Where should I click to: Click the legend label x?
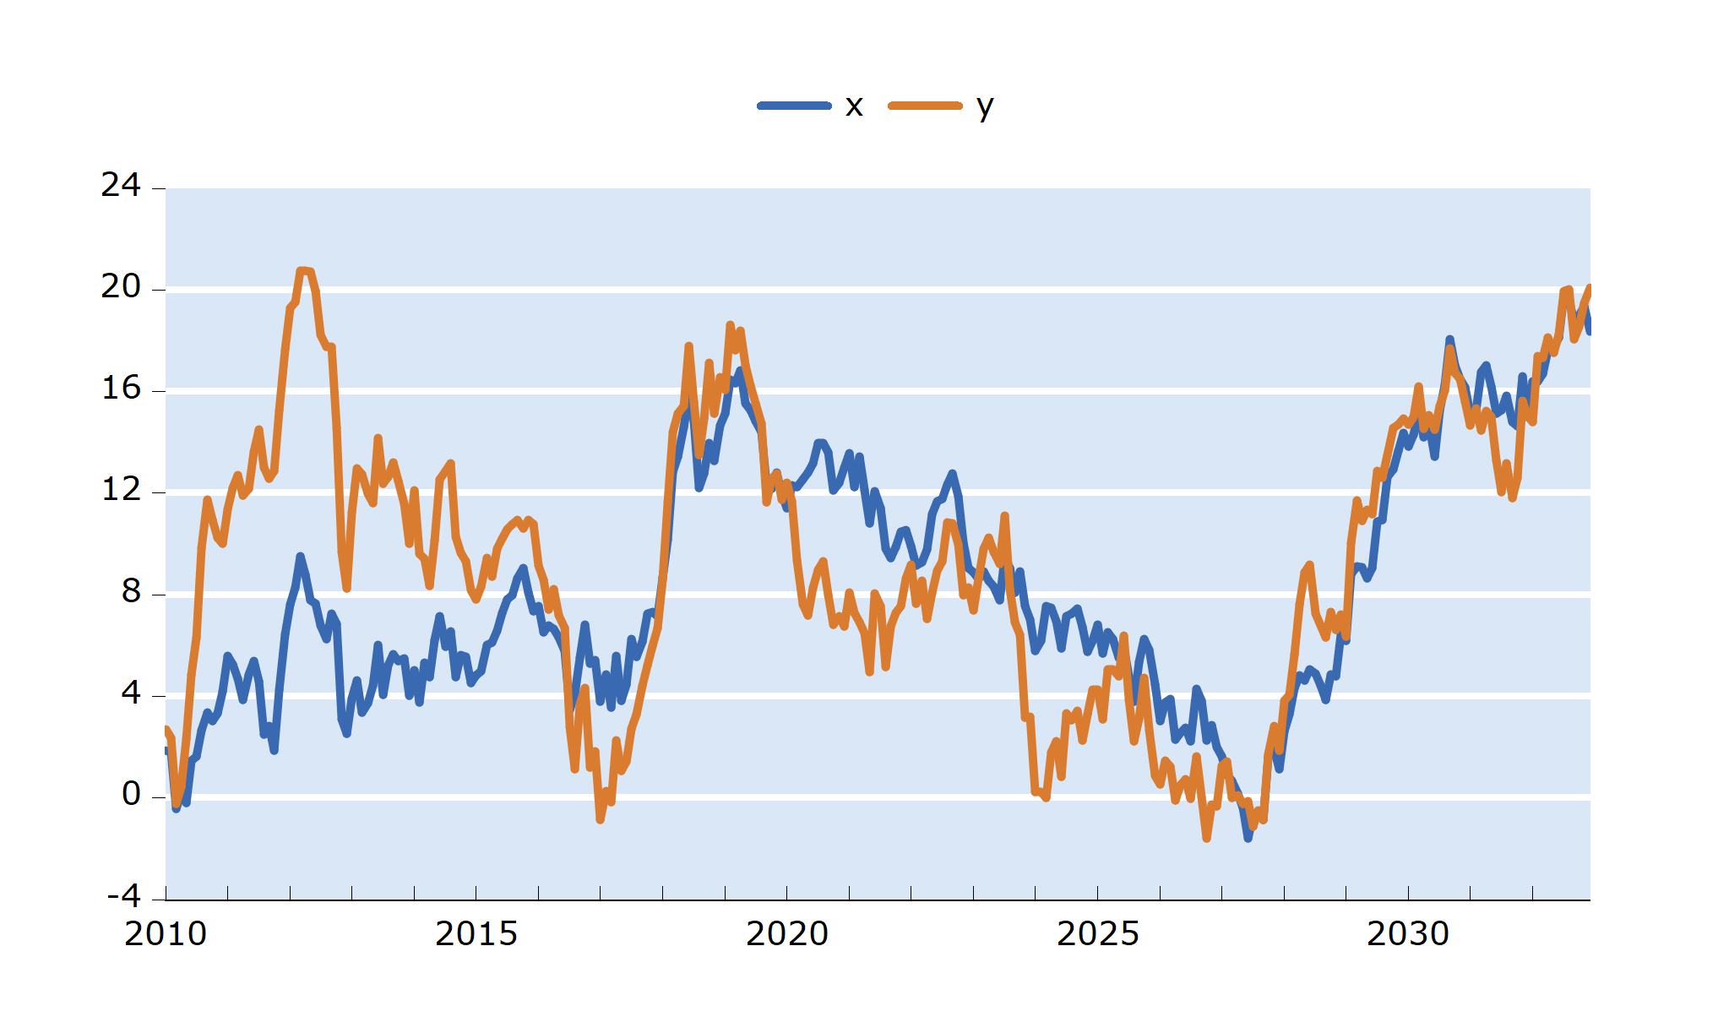[x=854, y=106]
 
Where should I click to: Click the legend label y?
[x=985, y=106]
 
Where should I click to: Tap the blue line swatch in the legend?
[x=794, y=106]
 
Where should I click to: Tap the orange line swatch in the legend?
[x=925, y=106]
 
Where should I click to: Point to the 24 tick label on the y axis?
[x=121, y=185]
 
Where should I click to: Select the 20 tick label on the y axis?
[x=121, y=287]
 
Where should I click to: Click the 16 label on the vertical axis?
[x=121, y=389]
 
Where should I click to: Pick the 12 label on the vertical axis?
[x=121, y=490]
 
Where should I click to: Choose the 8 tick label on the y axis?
[x=131, y=591]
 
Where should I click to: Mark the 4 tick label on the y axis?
[x=131, y=693]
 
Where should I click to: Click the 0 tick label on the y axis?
[x=131, y=795]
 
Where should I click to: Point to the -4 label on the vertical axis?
[x=124, y=896]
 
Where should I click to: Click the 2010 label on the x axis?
[x=166, y=934]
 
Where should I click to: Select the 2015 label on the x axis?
[x=476, y=934]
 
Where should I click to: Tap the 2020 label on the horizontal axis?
[x=787, y=934]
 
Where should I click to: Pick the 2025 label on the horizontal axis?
[x=1098, y=934]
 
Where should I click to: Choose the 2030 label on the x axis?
[x=1408, y=934]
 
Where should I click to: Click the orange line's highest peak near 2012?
[x=302, y=270]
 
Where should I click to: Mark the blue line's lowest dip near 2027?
[x=1248, y=838]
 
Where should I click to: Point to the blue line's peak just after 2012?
[x=300, y=557]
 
